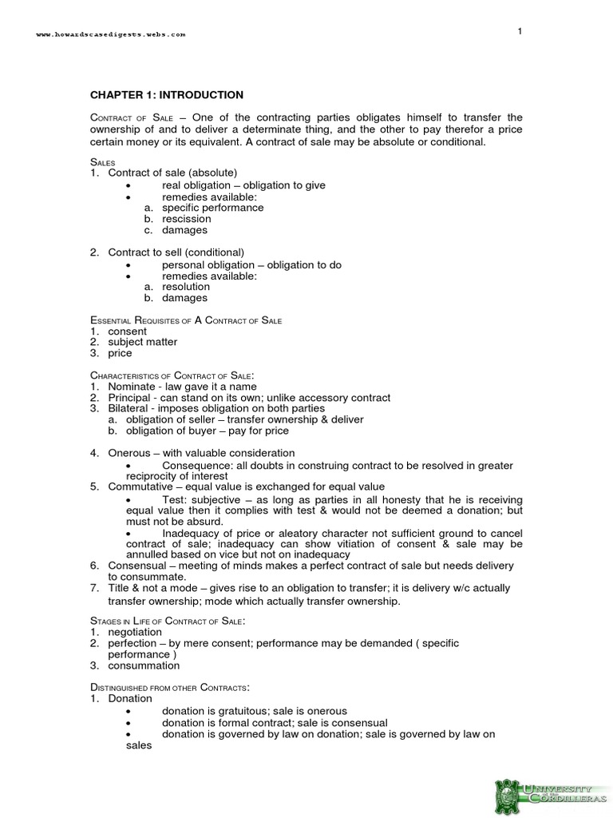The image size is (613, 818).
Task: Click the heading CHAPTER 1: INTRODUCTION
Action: (x=166, y=95)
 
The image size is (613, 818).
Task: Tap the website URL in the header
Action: (x=111, y=34)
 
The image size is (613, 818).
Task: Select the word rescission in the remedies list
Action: (x=186, y=219)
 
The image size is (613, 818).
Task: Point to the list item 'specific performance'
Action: (x=212, y=208)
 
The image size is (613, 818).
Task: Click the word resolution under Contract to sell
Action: (x=186, y=287)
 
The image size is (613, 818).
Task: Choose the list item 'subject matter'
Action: (x=143, y=342)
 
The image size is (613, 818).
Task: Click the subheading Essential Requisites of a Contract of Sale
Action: (x=186, y=320)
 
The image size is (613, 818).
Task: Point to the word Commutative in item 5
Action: (x=141, y=486)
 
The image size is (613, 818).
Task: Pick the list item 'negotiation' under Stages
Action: (x=135, y=632)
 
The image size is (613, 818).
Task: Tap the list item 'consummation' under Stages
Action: (x=144, y=665)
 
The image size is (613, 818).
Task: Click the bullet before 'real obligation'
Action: (x=129, y=185)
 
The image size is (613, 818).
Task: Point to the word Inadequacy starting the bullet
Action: (x=192, y=533)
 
